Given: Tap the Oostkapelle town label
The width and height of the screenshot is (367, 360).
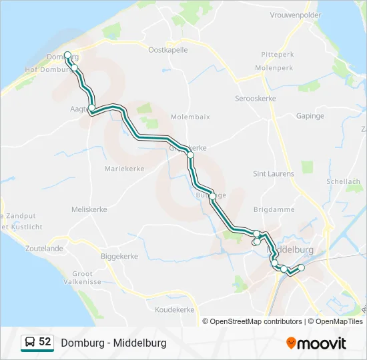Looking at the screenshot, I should (x=168, y=49).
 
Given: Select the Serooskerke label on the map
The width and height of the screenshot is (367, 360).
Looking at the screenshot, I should (x=256, y=99).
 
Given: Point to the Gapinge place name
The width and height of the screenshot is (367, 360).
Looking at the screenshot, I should (x=310, y=116).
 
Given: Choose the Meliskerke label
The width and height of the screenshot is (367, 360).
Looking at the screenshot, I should (x=89, y=209).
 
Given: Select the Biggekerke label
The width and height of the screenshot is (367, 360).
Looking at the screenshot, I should (x=119, y=256).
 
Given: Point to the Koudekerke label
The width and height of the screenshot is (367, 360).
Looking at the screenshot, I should (x=174, y=310).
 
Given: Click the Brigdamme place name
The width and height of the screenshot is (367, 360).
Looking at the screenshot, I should (x=274, y=209).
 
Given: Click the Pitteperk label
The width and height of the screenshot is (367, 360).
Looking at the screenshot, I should (x=278, y=54).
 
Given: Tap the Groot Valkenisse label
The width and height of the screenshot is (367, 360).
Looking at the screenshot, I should (x=83, y=278).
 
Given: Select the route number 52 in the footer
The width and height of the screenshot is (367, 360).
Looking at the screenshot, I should (x=45, y=342).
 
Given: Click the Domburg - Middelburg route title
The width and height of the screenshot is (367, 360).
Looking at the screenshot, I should (x=113, y=343).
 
